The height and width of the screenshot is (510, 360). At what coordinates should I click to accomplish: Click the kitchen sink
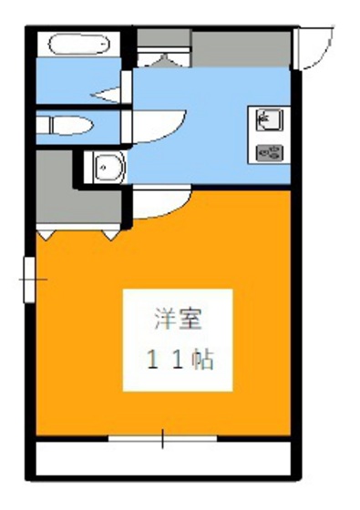[269, 118]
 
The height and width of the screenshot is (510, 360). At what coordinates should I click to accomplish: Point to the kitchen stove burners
[270, 152]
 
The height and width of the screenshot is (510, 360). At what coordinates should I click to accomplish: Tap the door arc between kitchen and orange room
[164, 205]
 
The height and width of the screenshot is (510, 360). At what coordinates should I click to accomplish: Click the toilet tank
[45, 125]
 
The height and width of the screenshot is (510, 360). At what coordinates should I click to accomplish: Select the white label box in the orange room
[179, 339]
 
